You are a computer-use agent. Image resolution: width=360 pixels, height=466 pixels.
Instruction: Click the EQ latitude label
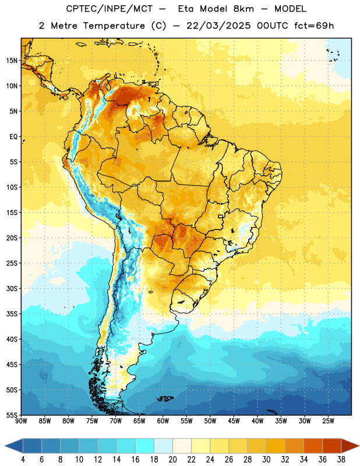(x=13, y=137)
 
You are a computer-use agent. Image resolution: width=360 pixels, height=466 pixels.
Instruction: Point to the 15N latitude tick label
(x=12, y=61)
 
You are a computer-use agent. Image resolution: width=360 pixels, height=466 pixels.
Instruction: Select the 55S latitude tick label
(x=12, y=415)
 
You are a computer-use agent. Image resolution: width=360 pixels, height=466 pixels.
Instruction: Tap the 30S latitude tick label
(x=12, y=288)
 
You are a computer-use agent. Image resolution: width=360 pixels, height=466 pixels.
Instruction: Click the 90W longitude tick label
(x=21, y=421)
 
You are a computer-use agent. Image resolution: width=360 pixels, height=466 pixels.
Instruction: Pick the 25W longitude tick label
(x=328, y=421)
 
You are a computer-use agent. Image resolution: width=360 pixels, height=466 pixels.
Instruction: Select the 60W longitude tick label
(x=163, y=421)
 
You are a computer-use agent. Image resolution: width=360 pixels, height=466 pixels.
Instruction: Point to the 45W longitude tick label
(x=234, y=421)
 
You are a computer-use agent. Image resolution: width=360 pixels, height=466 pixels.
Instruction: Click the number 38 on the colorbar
(x=341, y=460)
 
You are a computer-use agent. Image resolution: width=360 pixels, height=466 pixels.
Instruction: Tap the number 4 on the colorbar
(x=23, y=460)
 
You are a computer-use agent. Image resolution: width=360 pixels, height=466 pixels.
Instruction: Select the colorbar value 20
(x=172, y=460)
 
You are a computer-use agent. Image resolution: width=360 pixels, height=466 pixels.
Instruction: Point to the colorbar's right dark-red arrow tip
(x=359, y=446)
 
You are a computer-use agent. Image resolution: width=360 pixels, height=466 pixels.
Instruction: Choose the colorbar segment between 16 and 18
(x=145, y=446)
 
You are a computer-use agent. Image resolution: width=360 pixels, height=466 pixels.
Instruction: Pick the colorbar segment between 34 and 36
(x=313, y=446)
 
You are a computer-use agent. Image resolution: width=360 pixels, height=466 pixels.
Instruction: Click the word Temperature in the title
(x=114, y=26)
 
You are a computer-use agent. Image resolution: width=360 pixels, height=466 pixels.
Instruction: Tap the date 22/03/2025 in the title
(x=218, y=26)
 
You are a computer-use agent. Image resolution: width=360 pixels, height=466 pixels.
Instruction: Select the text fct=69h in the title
(x=314, y=26)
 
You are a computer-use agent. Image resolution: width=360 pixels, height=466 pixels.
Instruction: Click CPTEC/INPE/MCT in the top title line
(x=110, y=9)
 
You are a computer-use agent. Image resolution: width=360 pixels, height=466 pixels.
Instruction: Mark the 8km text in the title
(x=243, y=9)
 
